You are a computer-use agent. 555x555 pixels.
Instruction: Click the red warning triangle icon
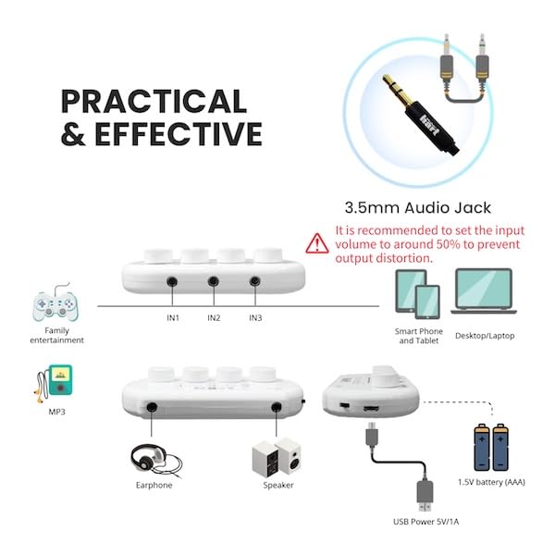point(317,243)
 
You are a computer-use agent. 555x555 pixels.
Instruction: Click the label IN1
point(173,318)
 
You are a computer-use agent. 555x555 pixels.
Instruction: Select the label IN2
point(214,318)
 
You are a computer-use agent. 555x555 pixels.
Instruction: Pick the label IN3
point(255,318)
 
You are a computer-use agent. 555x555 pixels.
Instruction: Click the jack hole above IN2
point(214,281)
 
